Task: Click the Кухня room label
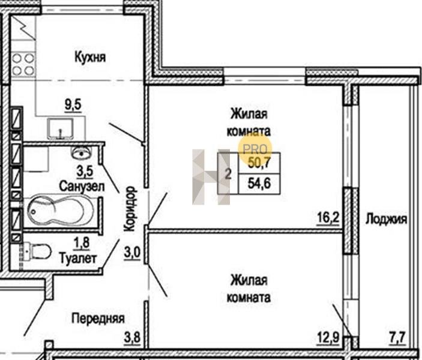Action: click(90, 58)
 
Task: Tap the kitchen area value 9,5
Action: click(73, 104)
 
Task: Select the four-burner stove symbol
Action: click(23, 64)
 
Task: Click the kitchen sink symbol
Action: click(60, 129)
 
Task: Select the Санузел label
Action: click(82, 187)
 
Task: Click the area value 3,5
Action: click(85, 171)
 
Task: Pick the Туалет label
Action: click(78, 259)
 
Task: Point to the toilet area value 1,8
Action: click(82, 243)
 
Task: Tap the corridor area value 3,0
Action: click(132, 253)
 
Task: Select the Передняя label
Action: click(98, 319)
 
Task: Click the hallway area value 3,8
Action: click(132, 337)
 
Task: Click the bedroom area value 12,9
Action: click(328, 338)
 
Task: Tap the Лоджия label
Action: click(386, 219)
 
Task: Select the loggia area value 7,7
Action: click(397, 338)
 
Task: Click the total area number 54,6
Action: click(259, 183)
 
